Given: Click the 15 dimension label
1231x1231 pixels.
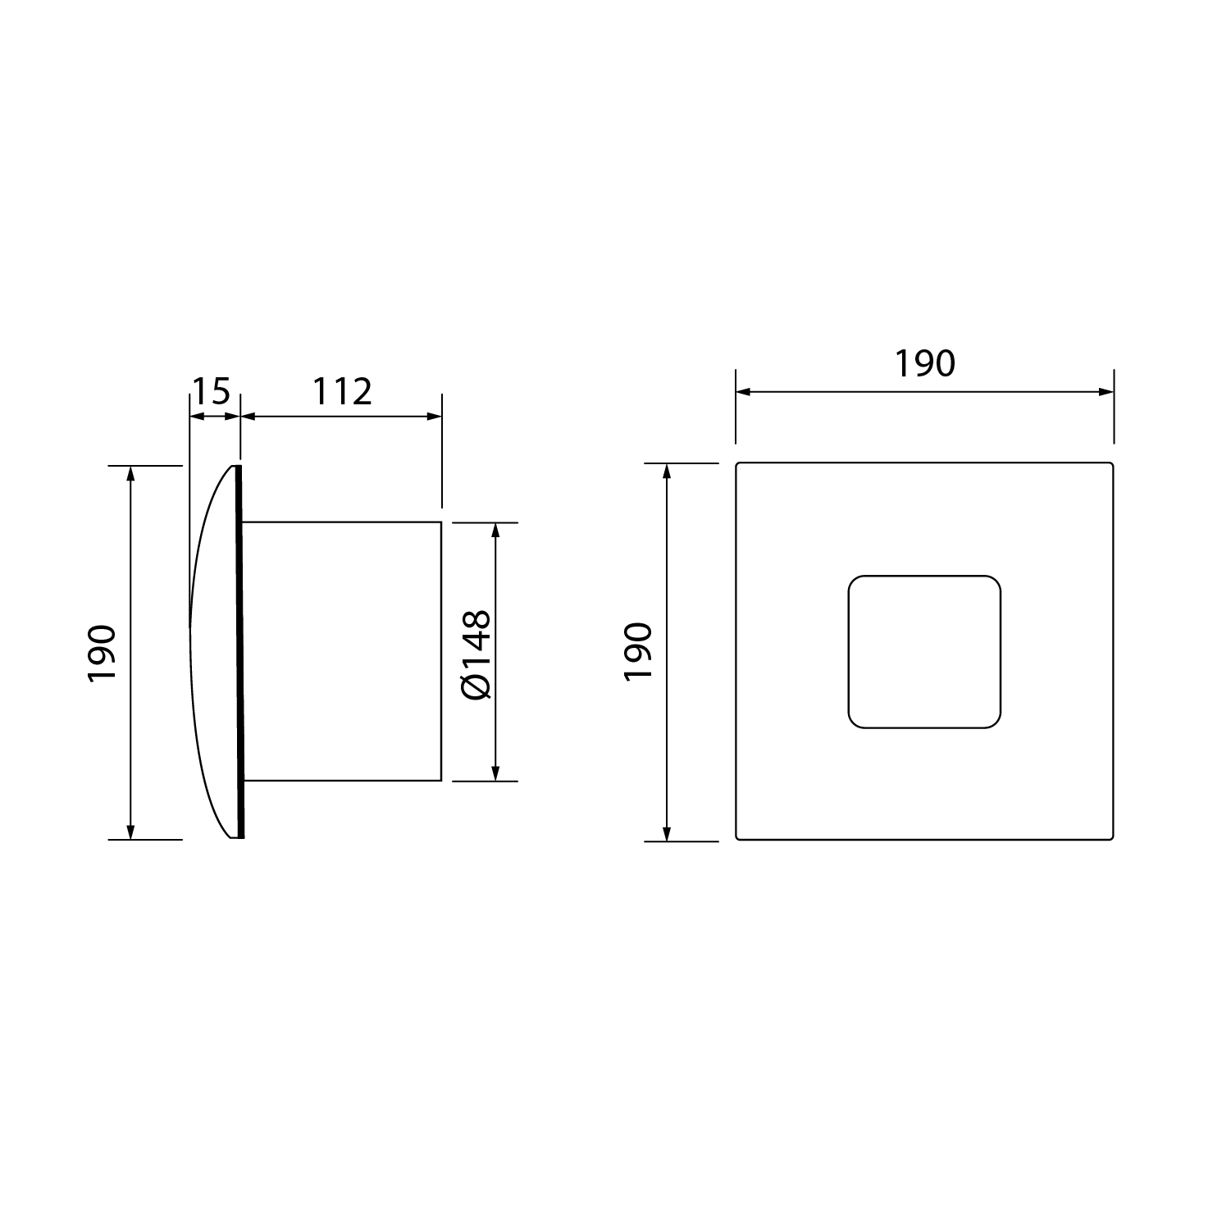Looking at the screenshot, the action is click(x=211, y=392).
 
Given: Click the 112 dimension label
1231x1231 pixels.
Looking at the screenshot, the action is click(x=341, y=392).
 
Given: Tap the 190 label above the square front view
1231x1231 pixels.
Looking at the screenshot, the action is click(x=924, y=364).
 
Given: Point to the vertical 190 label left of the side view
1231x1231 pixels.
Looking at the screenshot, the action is click(x=103, y=653).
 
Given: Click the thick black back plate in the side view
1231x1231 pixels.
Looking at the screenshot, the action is click(x=240, y=652).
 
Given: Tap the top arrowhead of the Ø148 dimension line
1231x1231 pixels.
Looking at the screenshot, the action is click(x=495, y=530).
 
